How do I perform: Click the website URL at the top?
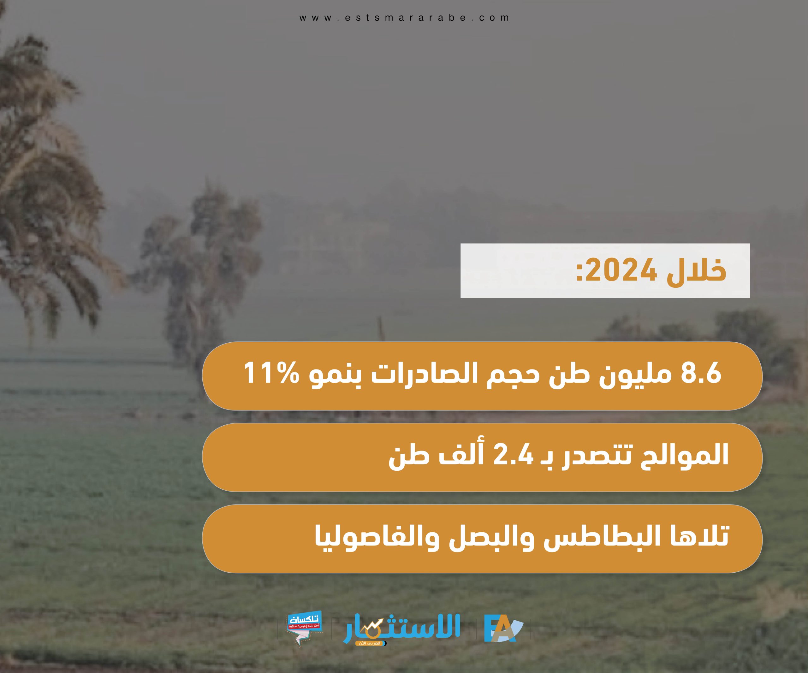coord(404,18)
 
